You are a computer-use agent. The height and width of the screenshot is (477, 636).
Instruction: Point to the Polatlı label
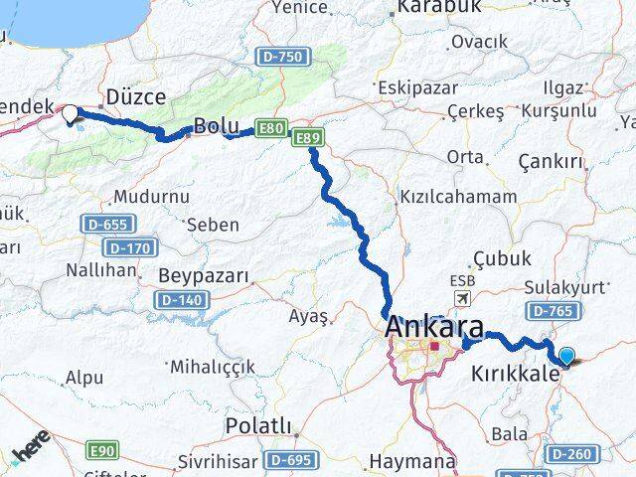(258, 426)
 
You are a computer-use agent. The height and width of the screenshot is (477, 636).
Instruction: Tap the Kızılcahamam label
(457, 197)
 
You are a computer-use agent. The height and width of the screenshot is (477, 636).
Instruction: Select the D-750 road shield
(282, 58)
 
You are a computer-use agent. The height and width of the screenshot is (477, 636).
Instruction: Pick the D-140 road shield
(179, 299)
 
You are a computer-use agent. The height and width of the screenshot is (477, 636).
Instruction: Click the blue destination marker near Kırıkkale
(567, 357)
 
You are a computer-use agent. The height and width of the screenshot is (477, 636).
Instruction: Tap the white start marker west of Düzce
(70, 114)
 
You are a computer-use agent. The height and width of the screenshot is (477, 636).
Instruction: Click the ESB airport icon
(462, 298)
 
